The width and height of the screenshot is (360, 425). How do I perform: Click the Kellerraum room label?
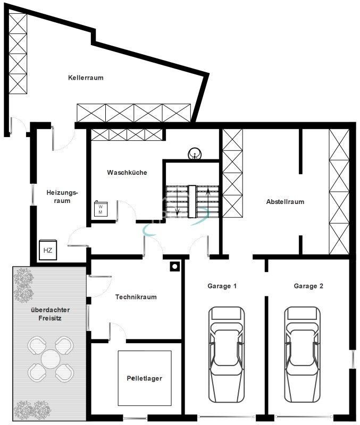click(x=86, y=78)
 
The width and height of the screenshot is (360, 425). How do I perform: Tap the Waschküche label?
click(x=127, y=173)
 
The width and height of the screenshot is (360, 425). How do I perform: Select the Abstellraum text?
click(x=285, y=202)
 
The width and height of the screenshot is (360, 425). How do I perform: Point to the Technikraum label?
click(x=136, y=297)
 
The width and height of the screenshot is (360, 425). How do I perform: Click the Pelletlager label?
click(x=144, y=378)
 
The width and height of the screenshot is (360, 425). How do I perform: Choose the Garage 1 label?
click(x=222, y=286)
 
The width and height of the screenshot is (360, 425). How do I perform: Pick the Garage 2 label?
click(x=308, y=286)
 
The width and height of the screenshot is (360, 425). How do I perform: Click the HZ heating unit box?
click(x=48, y=250)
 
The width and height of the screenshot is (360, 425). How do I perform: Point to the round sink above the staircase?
click(x=195, y=155)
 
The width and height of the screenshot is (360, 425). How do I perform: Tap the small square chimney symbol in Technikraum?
click(x=174, y=267)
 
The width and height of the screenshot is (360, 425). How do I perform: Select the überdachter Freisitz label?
click(x=51, y=314)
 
